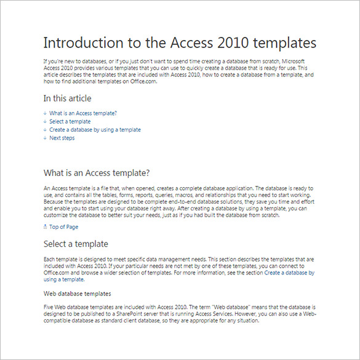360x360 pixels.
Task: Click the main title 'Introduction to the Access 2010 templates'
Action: click(180, 43)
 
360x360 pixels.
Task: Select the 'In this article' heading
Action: click(67, 98)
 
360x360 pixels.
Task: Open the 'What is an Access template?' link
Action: click(83, 113)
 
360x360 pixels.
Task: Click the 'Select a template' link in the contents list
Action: click(70, 122)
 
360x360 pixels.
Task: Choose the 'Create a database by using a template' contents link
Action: click(95, 130)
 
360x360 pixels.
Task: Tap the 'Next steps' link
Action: click(62, 138)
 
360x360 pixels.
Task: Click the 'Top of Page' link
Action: click(63, 227)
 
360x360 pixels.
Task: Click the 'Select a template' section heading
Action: click(76, 244)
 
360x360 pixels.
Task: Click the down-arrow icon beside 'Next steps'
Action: click(45, 138)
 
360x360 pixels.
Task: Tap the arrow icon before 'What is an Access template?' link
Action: click(45, 113)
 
